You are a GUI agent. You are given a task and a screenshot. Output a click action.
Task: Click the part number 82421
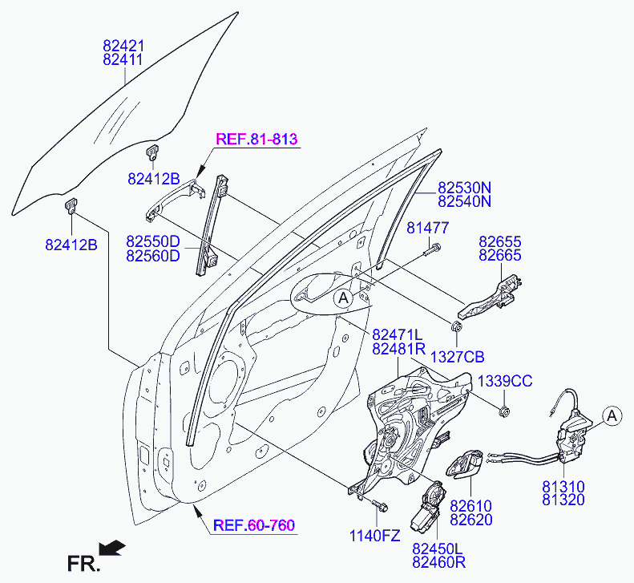point(123,46)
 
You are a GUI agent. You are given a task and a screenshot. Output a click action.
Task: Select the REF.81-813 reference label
point(256,139)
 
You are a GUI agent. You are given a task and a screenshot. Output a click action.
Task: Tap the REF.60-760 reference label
point(254,525)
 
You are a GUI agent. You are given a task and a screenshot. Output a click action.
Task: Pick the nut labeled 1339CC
point(504,412)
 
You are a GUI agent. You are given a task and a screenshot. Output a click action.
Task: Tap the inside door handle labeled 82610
point(465,464)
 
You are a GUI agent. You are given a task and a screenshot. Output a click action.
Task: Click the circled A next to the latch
point(612,416)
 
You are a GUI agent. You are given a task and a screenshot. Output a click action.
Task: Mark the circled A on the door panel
point(343,298)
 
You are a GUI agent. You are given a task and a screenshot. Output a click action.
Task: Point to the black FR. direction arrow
point(112,548)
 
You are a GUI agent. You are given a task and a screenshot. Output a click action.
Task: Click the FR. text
point(83,564)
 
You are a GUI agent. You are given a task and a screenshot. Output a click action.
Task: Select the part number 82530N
point(465,188)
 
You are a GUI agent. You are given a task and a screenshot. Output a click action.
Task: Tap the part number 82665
point(500,255)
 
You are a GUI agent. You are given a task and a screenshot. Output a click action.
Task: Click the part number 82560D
point(153,256)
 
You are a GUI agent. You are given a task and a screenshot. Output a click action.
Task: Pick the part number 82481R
point(398,348)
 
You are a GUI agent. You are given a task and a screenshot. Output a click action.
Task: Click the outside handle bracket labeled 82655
point(490,297)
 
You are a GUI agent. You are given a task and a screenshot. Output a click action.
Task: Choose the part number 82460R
point(438,562)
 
